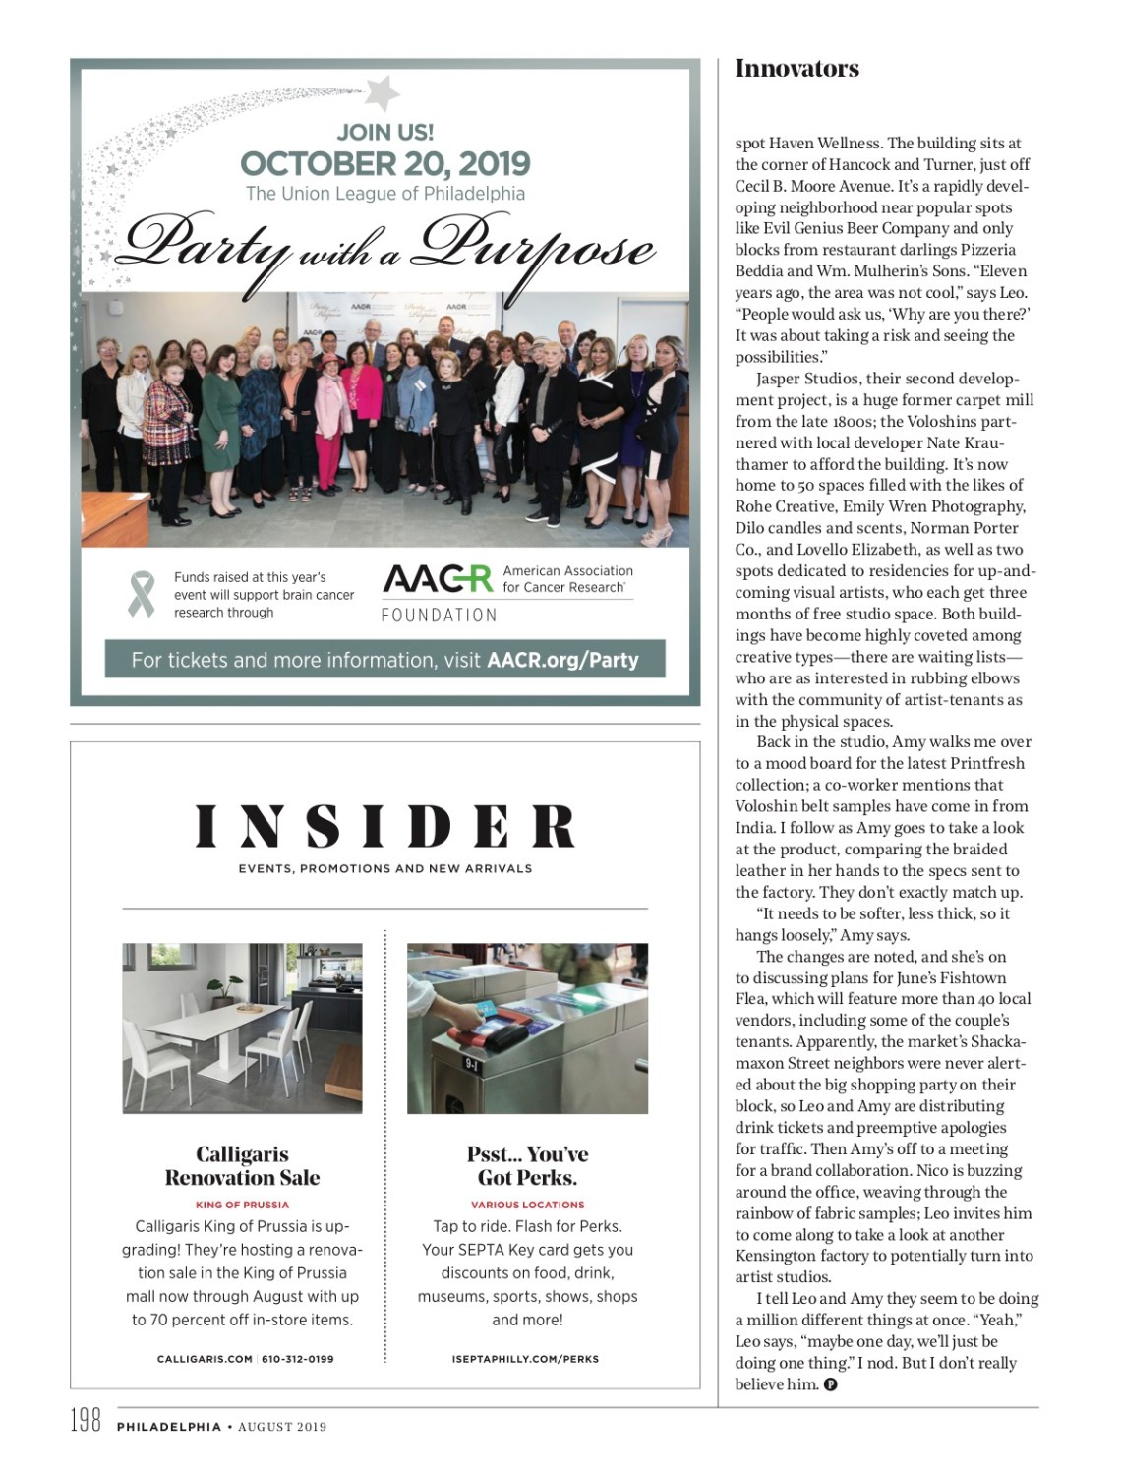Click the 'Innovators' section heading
click(x=796, y=69)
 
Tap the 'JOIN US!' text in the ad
click(x=384, y=132)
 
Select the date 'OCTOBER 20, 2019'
click(x=384, y=163)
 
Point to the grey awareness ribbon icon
click(x=142, y=594)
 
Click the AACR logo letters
click(x=437, y=579)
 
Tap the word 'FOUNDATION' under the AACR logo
click(x=439, y=616)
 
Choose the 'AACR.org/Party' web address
click(x=562, y=660)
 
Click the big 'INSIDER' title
click(x=384, y=827)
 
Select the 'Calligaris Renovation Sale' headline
click(x=242, y=1165)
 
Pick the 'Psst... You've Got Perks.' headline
click(x=527, y=1165)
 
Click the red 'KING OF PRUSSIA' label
click(x=242, y=1205)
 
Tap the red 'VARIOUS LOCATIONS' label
click(x=527, y=1205)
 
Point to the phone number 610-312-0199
click(x=297, y=1359)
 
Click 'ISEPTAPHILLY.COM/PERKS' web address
click(x=527, y=1359)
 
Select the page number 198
click(x=86, y=1422)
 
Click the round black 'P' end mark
click(x=830, y=1385)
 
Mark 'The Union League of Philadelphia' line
click(x=384, y=194)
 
